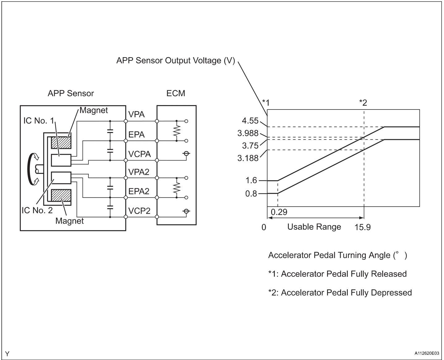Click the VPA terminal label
pos(136,114)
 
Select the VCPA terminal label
pos(139,154)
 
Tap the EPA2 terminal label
pos(139,191)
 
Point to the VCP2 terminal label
pos(139,211)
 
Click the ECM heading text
pos(176,93)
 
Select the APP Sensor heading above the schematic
pos(71,93)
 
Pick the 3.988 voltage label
pos(248,133)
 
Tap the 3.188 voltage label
pos(248,158)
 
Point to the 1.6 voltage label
pos(251,180)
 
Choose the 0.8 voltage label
pos(251,194)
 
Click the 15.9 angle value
pos(362,227)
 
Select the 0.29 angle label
pos(279,212)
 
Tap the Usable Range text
pos(314,227)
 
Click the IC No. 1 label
pos(38,121)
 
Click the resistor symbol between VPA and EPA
pos(177,131)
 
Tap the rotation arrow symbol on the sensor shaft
pos(32,169)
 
